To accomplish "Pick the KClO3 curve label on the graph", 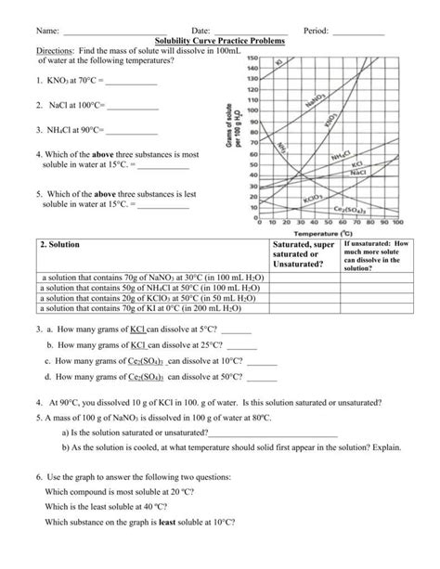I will point(313,200).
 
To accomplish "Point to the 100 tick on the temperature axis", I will point(396,224).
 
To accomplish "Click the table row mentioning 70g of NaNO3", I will point(148,277).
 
